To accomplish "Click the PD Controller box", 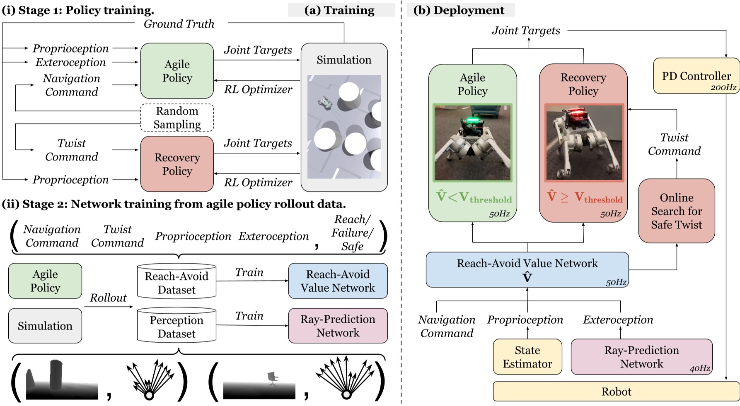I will point(696,76).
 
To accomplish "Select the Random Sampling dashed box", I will point(177,118).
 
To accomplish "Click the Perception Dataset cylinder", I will point(177,327).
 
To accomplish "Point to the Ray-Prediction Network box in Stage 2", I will point(338,326).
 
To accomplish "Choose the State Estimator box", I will point(527,357).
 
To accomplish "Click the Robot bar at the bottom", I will point(616,392).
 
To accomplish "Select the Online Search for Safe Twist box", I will point(676,211).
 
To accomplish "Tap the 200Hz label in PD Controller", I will point(723,88).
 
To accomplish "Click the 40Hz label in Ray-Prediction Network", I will point(699,368).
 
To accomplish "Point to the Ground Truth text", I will point(179,24).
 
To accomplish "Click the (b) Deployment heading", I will point(459,10).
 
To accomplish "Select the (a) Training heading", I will point(339,10).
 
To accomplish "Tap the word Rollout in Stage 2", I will point(108,298).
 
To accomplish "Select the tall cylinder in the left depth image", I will point(56,375).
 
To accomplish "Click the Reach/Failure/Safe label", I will point(352,233).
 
